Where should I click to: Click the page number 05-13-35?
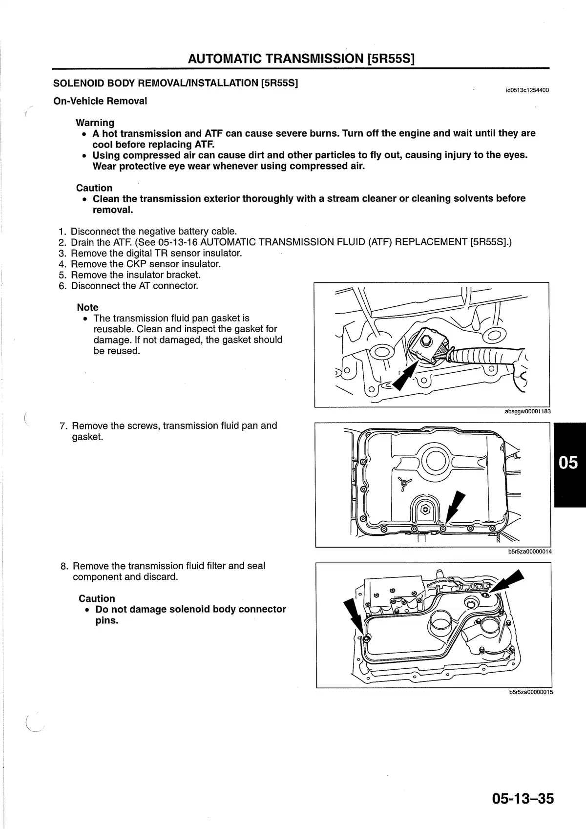pos(523,799)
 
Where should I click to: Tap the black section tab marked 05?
pos(569,463)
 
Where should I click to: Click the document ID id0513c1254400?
pos(527,90)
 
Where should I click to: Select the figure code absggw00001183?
pos(527,411)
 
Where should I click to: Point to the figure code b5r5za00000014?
pos(530,552)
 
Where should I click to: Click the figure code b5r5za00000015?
pos(531,692)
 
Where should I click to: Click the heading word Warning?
pos(95,123)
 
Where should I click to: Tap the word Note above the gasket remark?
pos(87,307)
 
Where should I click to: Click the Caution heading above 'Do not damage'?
pos(97,598)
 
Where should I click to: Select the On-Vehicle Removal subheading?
pos(100,101)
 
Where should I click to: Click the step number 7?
pos(63,426)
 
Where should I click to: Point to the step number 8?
pos(64,566)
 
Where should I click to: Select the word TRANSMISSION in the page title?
pos(315,59)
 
